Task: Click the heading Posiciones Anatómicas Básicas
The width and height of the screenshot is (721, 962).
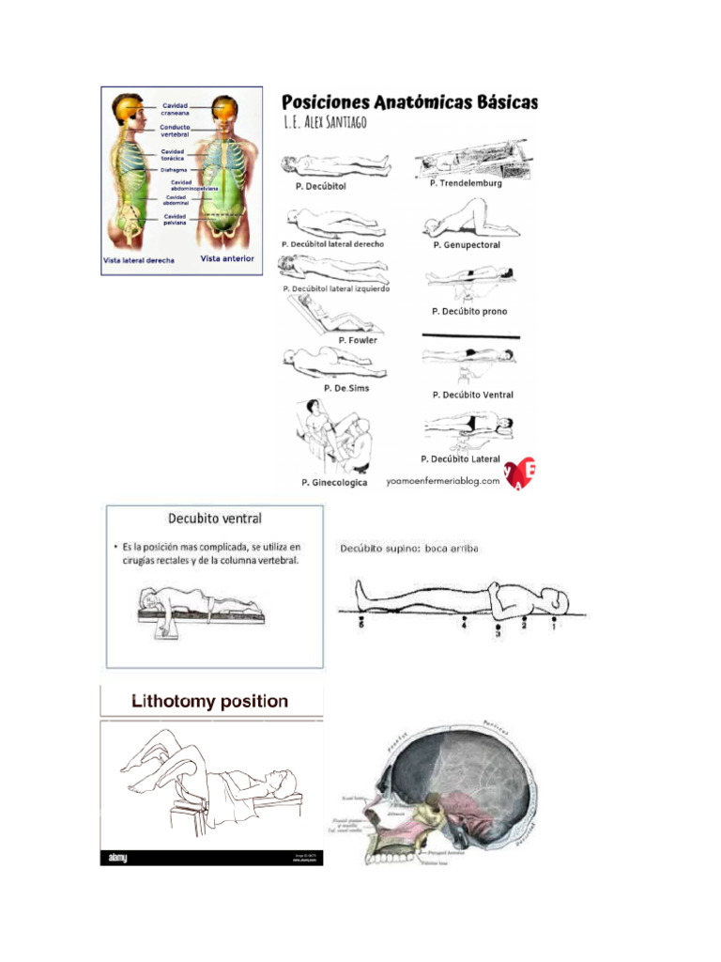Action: [410, 101]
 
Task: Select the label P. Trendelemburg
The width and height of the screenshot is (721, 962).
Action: [466, 184]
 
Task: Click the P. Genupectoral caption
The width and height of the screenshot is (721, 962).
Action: [467, 245]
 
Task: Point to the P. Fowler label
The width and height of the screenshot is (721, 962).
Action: [358, 340]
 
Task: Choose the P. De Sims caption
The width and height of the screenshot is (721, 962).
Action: [346, 388]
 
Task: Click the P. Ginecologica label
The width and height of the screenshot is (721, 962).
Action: [334, 483]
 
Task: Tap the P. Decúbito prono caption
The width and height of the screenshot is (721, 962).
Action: [469, 311]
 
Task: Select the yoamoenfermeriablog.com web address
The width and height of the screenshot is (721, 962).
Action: [443, 481]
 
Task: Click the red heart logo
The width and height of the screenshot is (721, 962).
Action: [520, 473]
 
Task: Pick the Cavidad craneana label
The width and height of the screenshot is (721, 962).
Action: [176, 109]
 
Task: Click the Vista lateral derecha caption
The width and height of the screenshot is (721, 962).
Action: [139, 260]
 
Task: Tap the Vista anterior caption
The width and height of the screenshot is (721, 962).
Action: [227, 258]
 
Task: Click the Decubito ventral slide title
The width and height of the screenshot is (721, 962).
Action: [214, 518]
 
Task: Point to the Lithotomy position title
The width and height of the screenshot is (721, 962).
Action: [209, 702]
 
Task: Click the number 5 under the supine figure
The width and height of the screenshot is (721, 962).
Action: [361, 626]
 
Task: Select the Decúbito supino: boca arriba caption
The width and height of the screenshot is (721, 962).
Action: [409, 549]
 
